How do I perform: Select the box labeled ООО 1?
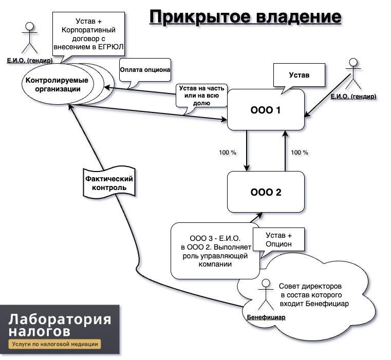(266, 110)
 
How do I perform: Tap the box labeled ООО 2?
(266, 192)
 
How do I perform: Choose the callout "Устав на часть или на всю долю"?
(201, 96)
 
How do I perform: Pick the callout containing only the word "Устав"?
(299, 75)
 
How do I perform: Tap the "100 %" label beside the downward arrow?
(228, 153)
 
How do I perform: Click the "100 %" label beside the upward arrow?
(299, 153)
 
